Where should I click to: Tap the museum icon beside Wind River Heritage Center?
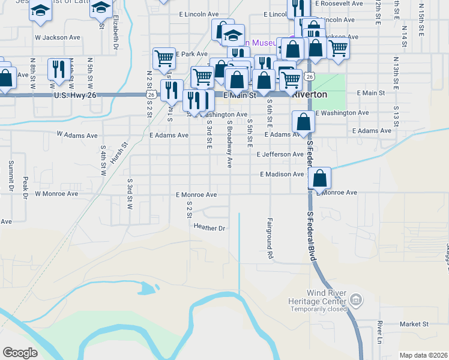pos(356,298)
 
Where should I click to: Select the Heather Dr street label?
pos(209,227)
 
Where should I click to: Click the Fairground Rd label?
pos(270,238)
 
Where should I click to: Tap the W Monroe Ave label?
pos(56,194)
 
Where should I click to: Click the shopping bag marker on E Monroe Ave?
pos(321,178)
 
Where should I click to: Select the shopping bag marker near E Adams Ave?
pos(304,122)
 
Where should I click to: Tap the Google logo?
pos(20,352)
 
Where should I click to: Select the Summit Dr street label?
pos(11,176)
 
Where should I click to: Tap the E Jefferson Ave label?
pos(280,154)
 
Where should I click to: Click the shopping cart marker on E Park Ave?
pos(163,59)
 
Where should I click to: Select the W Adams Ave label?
pos(77,136)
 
